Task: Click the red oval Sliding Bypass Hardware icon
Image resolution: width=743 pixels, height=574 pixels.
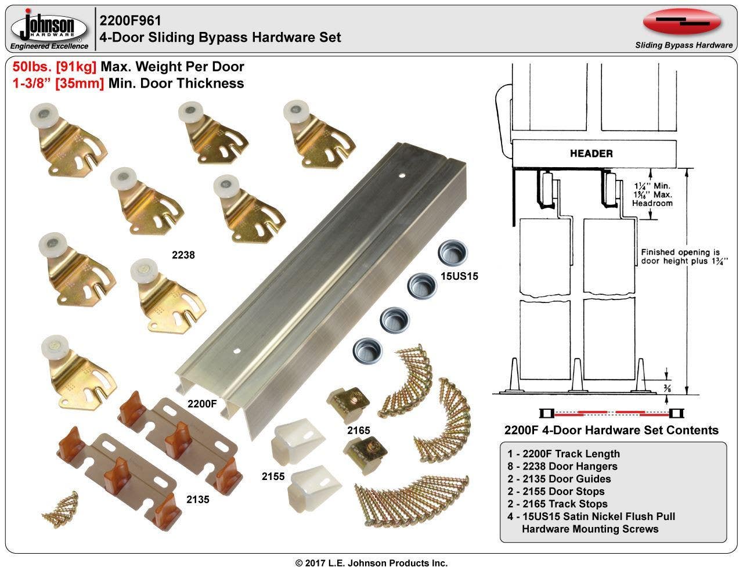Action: pyautogui.click(x=682, y=23)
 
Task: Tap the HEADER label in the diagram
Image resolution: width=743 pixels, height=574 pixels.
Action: pyautogui.click(x=591, y=153)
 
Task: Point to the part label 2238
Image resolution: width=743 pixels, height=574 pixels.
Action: pyautogui.click(x=183, y=255)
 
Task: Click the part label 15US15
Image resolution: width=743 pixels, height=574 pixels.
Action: pyautogui.click(x=459, y=276)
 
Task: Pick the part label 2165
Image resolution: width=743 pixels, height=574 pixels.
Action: pyautogui.click(x=359, y=430)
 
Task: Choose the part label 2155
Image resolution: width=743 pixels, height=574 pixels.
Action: pyautogui.click(x=273, y=476)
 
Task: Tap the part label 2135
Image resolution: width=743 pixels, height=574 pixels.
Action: pyautogui.click(x=198, y=499)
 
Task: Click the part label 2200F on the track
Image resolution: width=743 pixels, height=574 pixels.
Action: pyautogui.click(x=203, y=403)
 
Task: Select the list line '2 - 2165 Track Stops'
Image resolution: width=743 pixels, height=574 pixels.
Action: pyautogui.click(x=556, y=504)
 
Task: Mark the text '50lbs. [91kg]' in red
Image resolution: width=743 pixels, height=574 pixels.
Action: pyautogui.click(x=54, y=67)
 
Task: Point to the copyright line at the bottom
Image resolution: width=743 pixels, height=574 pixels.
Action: pyautogui.click(x=371, y=563)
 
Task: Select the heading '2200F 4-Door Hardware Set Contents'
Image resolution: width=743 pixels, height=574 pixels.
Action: pyautogui.click(x=611, y=430)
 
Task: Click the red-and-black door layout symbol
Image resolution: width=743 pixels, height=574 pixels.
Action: pyautogui.click(x=611, y=413)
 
